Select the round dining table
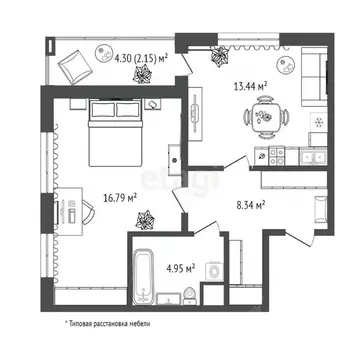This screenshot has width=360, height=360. click(266, 121)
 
